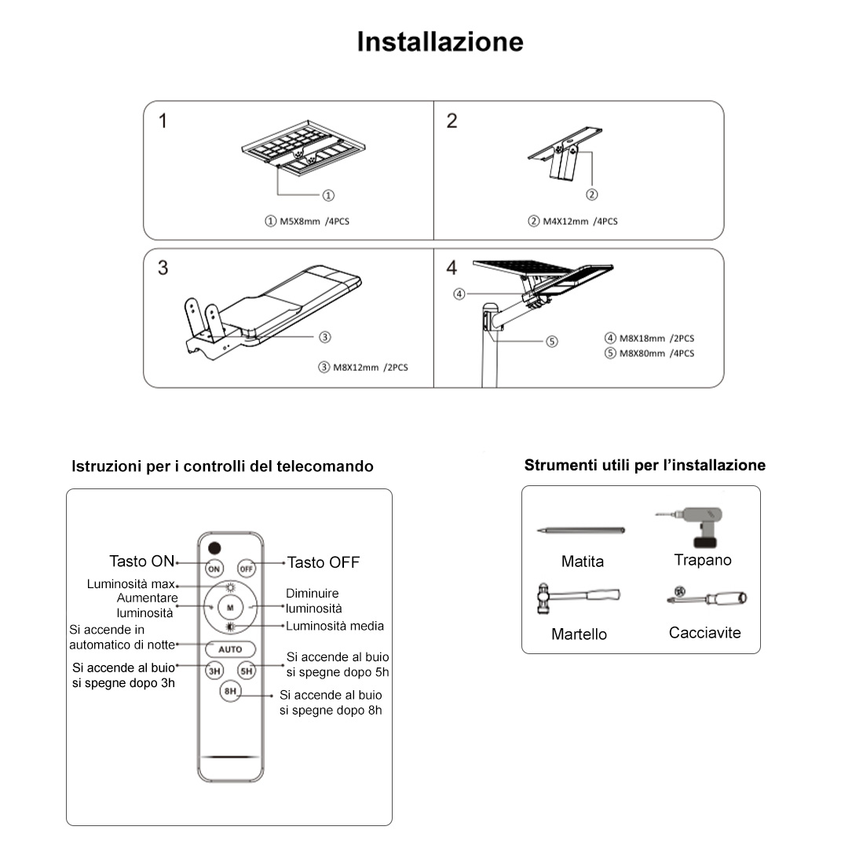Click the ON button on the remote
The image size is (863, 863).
click(x=214, y=568)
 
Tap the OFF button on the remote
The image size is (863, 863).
click(x=247, y=568)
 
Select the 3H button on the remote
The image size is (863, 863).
click(x=214, y=671)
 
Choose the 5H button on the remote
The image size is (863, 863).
click(x=247, y=671)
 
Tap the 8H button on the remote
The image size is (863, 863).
click(x=230, y=692)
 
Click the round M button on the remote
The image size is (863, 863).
click(x=230, y=607)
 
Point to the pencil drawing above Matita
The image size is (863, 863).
click(x=581, y=531)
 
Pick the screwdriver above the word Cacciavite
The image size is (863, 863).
click(x=707, y=598)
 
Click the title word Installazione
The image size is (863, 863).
click(x=440, y=42)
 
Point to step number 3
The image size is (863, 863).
click(x=163, y=268)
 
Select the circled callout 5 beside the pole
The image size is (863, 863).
click(x=552, y=342)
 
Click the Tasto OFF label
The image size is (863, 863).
click(x=323, y=562)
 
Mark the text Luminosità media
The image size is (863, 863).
click(x=335, y=626)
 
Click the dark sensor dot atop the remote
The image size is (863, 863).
click(x=214, y=547)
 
